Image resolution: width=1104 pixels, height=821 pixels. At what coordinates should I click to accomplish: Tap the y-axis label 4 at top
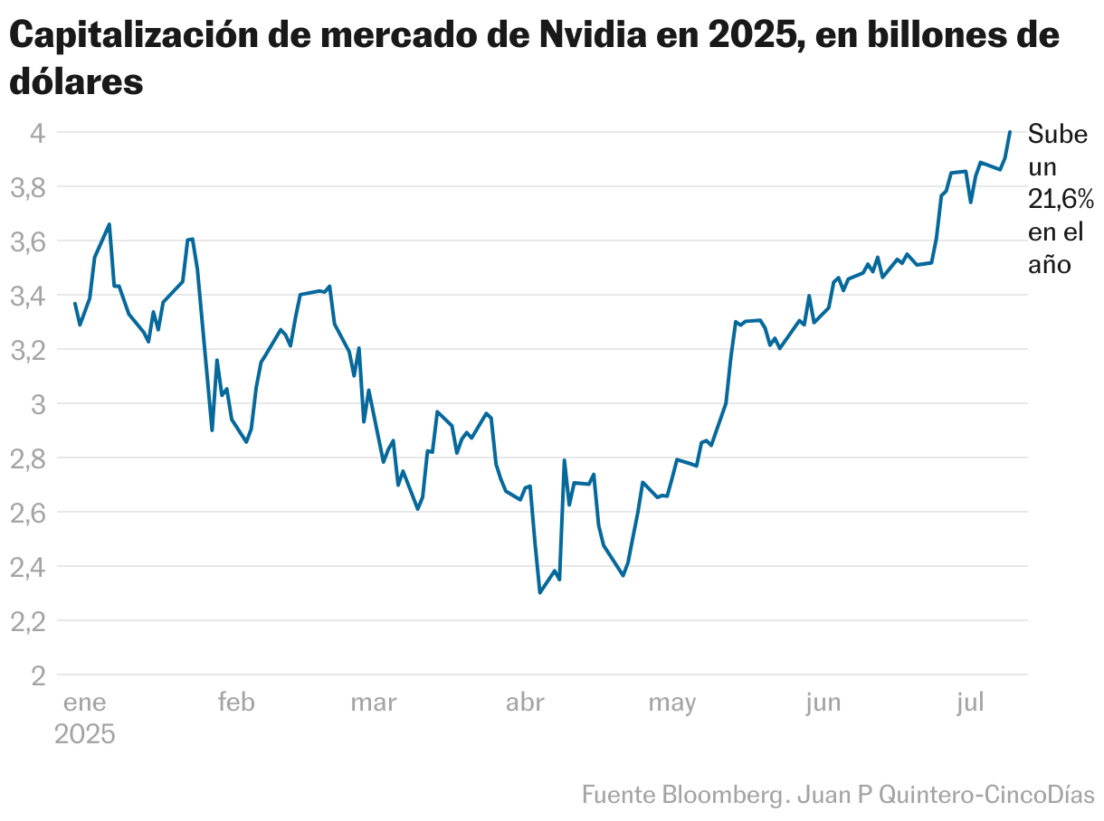tap(38, 133)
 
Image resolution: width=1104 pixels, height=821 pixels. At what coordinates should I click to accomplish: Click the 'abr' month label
tap(525, 703)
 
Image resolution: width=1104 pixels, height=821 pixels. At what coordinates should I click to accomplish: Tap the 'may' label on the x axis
tap(671, 703)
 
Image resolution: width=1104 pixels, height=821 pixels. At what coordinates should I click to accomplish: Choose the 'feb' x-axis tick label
tap(236, 703)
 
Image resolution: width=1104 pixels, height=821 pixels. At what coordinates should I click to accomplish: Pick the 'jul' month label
tap(970, 703)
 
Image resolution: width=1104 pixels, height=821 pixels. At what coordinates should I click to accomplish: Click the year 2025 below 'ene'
tap(85, 733)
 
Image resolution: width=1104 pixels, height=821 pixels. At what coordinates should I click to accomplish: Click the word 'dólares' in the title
tap(77, 81)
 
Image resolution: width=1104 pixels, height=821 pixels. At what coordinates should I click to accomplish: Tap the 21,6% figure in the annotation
tap(1061, 199)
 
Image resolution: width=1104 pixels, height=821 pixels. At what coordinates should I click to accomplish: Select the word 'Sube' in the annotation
tap(1059, 136)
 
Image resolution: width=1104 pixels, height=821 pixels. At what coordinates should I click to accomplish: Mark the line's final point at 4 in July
tap(1009, 132)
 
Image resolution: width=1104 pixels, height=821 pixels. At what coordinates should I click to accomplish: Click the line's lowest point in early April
tap(540, 592)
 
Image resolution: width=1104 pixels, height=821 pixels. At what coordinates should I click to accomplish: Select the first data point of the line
tap(75, 303)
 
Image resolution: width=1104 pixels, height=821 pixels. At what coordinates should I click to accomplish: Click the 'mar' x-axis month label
tap(373, 703)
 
